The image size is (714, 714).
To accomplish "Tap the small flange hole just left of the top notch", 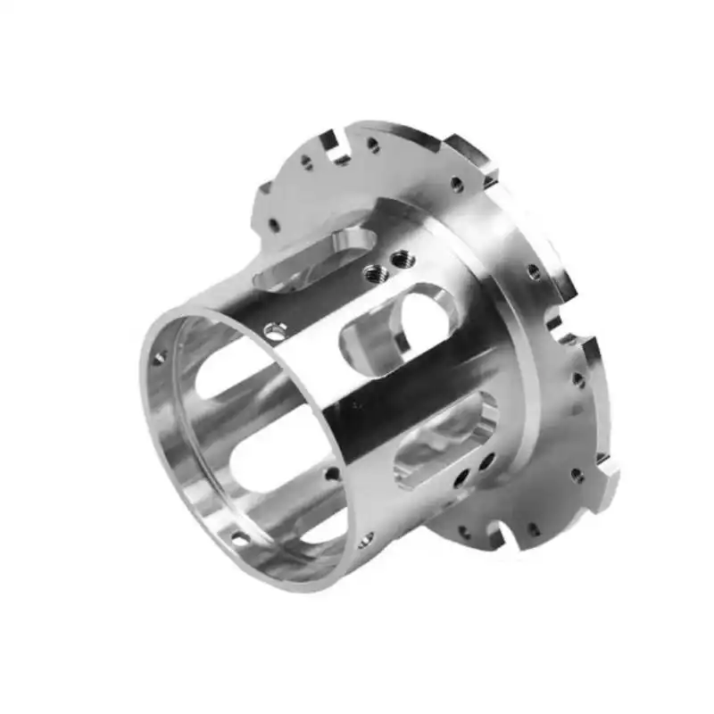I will tap(307, 162).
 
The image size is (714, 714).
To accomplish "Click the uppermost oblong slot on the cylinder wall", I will tap(308, 259).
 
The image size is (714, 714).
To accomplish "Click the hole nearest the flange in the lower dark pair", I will tap(487, 462).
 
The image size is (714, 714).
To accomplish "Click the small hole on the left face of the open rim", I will tap(160, 357).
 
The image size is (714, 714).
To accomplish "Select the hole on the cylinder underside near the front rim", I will tap(365, 540).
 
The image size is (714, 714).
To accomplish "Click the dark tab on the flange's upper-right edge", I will tap(471, 150).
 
